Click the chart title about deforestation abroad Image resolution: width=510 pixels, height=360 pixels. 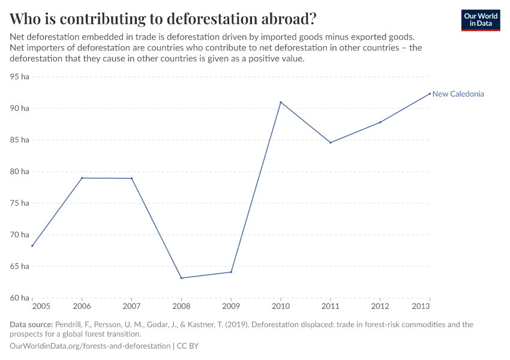[x=163, y=18]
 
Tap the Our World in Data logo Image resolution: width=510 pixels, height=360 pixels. [x=481, y=20]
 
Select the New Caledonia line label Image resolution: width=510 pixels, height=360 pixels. [x=458, y=94]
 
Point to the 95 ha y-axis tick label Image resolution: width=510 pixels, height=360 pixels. [x=20, y=77]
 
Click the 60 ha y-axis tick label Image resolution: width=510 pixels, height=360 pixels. [x=20, y=298]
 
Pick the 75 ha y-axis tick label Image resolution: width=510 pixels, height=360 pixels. [x=20, y=203]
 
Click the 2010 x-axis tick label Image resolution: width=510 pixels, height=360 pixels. [x=281, y=306]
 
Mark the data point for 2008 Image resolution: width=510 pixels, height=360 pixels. [x=181, y=278]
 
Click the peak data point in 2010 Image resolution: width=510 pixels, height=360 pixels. [x=281, y=102]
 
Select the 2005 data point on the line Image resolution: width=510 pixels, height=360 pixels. [x=32, y=245]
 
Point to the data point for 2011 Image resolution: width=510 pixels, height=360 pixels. [x=331, y=143]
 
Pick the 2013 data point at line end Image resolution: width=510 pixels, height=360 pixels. [x=430, y=93]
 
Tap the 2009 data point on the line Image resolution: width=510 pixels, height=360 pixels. [x=231, y=272]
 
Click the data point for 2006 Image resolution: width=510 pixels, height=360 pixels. [x=82, y=178]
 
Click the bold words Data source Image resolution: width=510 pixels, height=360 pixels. [x=32, y=325]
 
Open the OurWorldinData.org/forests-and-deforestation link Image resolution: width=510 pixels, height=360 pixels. [x=90, y=346]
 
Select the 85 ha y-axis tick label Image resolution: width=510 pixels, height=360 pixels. [x=20, y=140]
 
